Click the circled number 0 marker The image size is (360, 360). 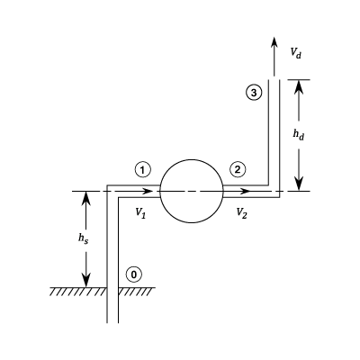134,274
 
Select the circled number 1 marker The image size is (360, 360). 143,170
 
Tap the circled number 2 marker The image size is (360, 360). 238,170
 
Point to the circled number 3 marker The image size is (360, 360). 254,93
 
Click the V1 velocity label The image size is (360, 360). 140,213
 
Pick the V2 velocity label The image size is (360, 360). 241,213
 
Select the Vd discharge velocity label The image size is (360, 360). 295,53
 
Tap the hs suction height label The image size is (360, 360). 83,238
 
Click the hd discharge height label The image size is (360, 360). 299,135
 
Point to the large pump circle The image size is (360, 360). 160,191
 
